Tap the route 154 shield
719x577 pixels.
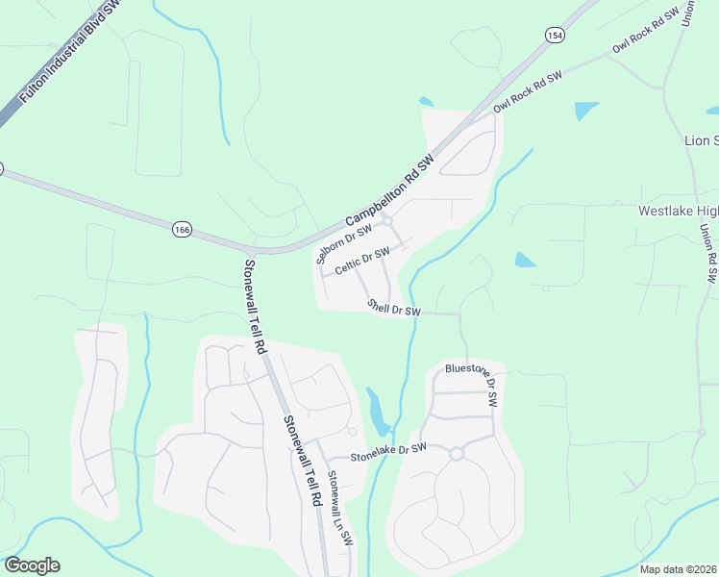pos(554,36)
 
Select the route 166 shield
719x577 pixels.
pos(182,229)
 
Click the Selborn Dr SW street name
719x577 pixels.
pos(343,241)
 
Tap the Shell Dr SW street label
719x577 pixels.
pos(394,308)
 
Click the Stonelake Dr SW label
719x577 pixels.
pos(387,450)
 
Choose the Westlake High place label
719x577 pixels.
pos(679,211)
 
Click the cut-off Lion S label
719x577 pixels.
pos(701,140)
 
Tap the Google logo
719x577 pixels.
pos(32,565)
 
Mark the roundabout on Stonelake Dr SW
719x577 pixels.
pos(457,454)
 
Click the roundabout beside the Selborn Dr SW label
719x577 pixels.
pos(387,222)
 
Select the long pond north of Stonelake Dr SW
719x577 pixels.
pos(377,412)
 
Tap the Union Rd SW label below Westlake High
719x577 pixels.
pos(708,254)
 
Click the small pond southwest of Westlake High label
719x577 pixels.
pos(525,260)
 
